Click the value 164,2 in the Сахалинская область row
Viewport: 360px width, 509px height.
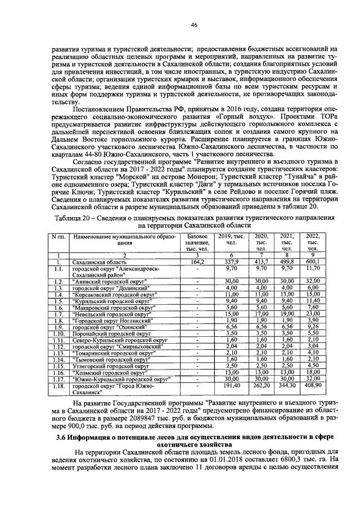[196, 262]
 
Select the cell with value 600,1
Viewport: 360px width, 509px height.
[313, 262]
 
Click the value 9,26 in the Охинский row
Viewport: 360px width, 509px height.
[313, 327]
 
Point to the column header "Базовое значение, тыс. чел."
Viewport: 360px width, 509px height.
[196, 242]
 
